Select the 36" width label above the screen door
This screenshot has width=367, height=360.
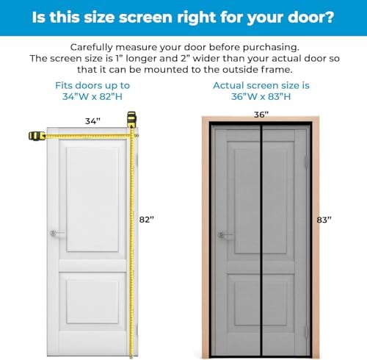click(261, 115)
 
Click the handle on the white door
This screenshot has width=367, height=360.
click(55, 234)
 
